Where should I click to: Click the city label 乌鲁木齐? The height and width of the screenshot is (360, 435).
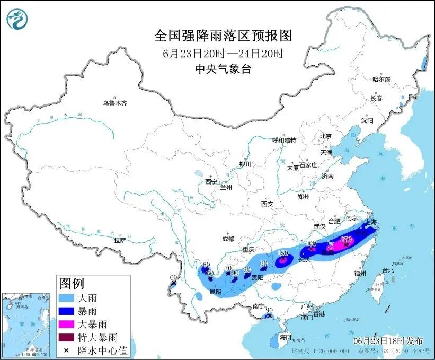(x=115, y=103)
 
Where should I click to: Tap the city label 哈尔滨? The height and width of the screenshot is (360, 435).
(x=381, y=79)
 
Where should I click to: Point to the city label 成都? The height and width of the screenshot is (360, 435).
(x=228, y=239)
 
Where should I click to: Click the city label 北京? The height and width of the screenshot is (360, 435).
(x=325, y=136)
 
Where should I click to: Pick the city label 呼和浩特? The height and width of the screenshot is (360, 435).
(x=284, y=140)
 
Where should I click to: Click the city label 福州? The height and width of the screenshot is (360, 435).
(x=361, y=273)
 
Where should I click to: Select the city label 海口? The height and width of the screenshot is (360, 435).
(x=286, y=337)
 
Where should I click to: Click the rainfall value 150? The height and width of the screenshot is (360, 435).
(x=283, y=253)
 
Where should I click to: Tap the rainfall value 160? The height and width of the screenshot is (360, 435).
(x=312, y=244)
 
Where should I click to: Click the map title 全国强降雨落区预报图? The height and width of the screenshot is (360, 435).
(x=223, y=36)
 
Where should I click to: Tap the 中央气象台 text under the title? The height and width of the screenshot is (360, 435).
(x=223, y=68)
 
